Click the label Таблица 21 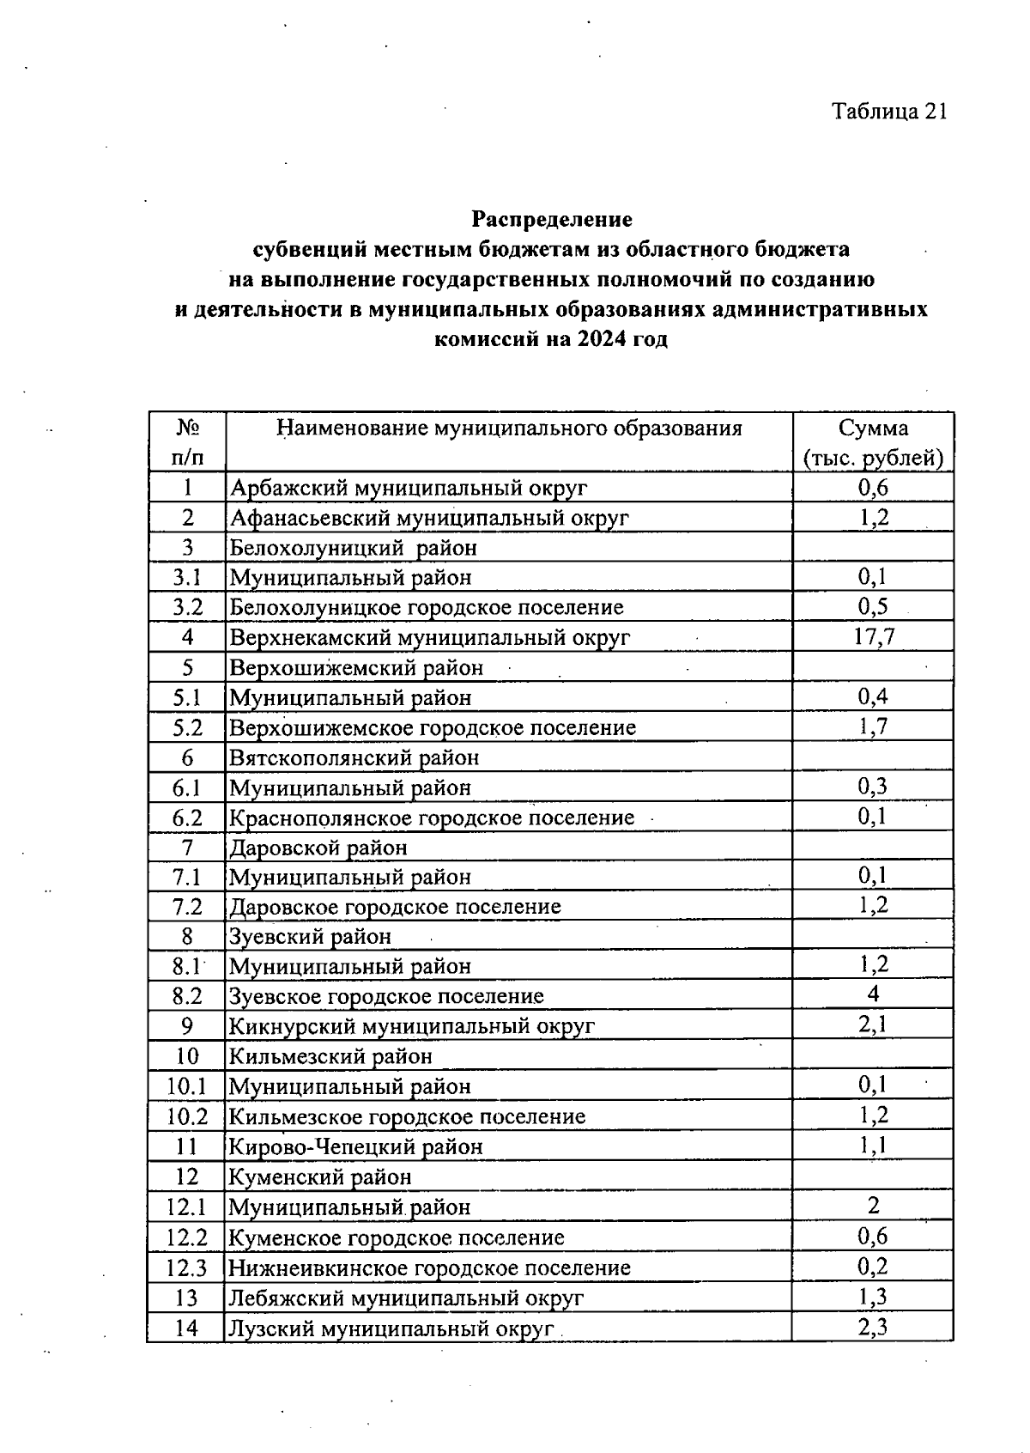coord(889,112)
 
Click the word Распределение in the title coord(552,219)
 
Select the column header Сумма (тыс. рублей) coord(873,443)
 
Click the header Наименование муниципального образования coord(509,429)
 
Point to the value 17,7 coord(873,636)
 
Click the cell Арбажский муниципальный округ coord(409,489)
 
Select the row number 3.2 coord(187,607)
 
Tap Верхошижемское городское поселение coord(433,727)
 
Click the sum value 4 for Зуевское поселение coord(873,994)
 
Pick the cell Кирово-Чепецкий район coord(355,1146)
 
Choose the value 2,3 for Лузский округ coord(873,1328)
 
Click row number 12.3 coord(187,1268)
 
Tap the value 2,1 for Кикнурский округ coord(873,1024)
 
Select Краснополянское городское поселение coord(432,818)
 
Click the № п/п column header coord(187,443)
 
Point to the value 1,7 coord(873,726)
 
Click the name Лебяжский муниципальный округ coord(406,1298)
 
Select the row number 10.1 coord(187,1086)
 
